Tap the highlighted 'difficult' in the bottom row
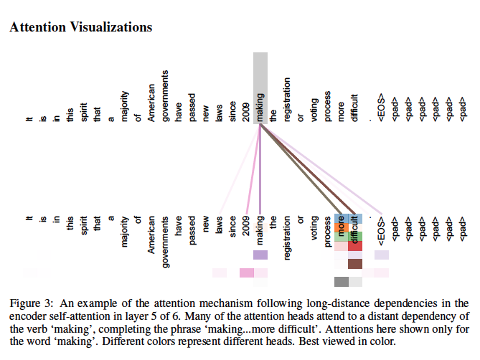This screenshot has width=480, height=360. click(x=355, y=228)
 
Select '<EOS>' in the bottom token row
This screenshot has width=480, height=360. click(x=382, y=229)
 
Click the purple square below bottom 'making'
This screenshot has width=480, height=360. click(x=260, y=255)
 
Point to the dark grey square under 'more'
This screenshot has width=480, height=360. click(x=342, y=281)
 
